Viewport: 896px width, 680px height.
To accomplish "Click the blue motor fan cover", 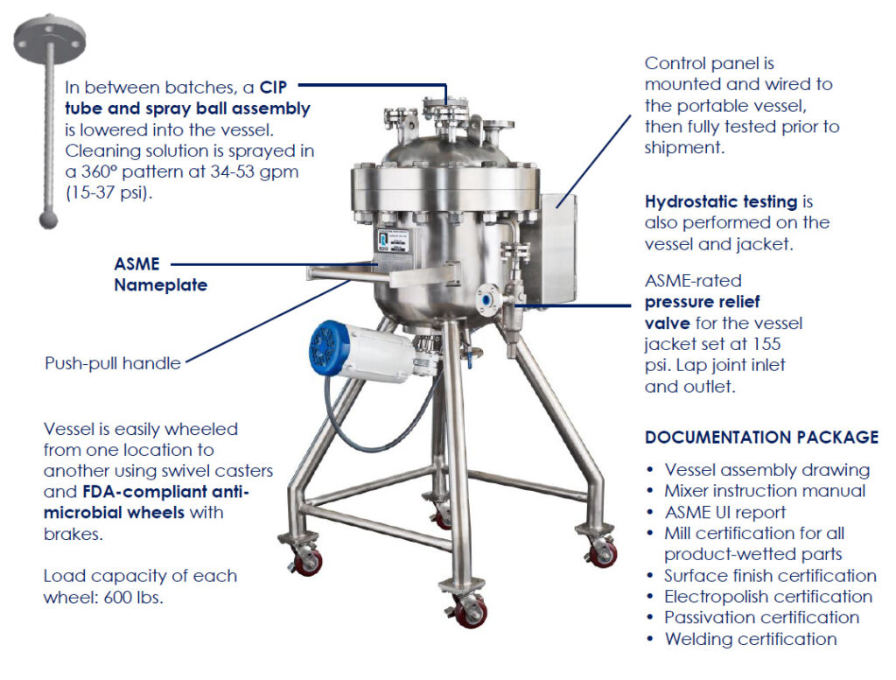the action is click(x=330, y=347).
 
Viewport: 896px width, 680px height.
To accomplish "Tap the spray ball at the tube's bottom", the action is click(x=49, y=220).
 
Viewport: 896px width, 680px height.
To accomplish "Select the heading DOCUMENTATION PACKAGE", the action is click(x=762, y=438).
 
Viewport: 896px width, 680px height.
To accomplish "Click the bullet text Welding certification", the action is click(x=751, y=639).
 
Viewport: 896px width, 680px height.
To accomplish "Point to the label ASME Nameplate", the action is click(x=161, y=274).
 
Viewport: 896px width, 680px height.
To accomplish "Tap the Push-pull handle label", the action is click(x=113, y=363).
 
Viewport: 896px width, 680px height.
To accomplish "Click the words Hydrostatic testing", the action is click(x=721, y=201).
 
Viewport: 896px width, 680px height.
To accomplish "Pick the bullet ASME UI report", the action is click(x=725, y=512).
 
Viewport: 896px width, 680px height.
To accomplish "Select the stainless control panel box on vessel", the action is click(x=557, y=249).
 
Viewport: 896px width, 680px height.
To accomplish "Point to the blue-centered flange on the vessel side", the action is click(x=486, y=299).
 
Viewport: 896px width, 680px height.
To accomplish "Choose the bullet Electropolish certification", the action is click(x=768, y=597).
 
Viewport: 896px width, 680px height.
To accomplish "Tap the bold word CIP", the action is click(x=273, y=88).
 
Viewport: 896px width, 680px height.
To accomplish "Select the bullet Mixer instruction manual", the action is click(x=765, y=491).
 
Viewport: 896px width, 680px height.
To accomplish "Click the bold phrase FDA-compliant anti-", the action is click(x=165, y=492).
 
